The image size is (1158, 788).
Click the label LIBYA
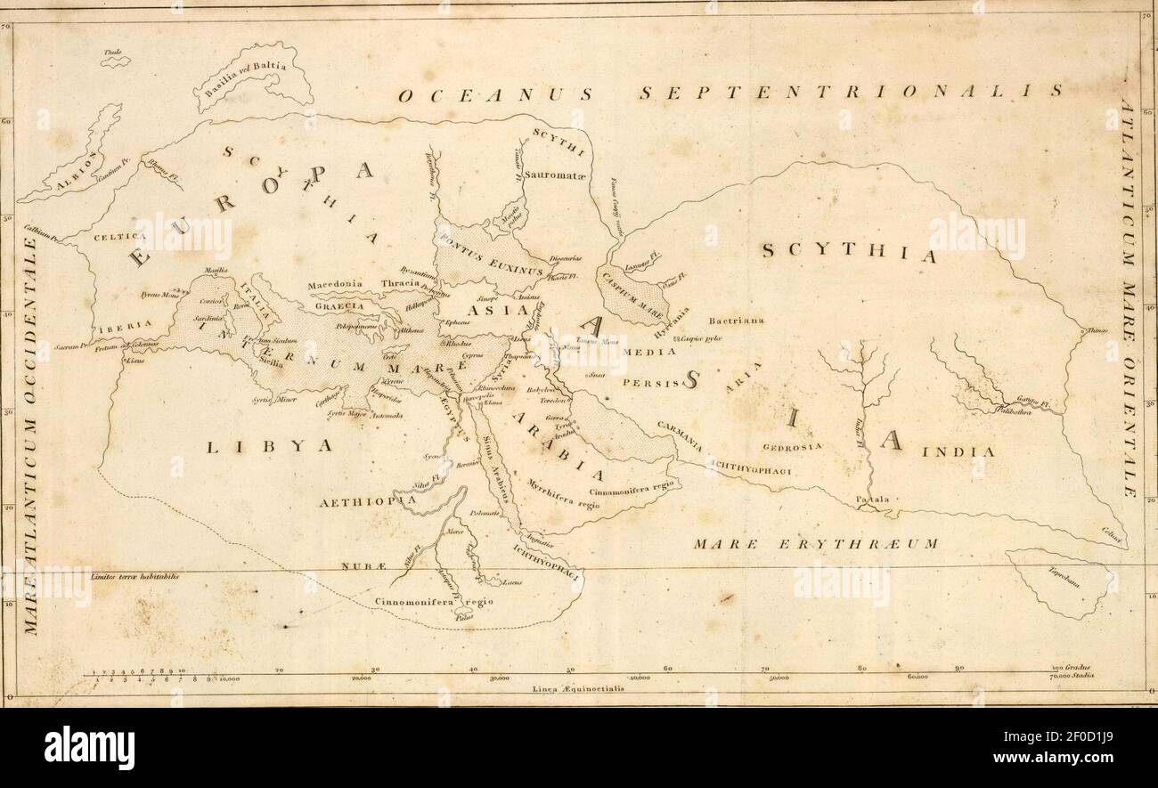pos(270,446)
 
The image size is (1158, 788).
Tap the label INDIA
pos(958,452)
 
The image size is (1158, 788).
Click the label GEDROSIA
pos(792,445)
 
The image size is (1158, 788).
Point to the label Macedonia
pos(335,285)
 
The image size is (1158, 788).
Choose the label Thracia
pos(400,283)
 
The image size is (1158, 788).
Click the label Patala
pos(872,500)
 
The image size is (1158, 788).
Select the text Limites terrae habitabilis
pos(135,576)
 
